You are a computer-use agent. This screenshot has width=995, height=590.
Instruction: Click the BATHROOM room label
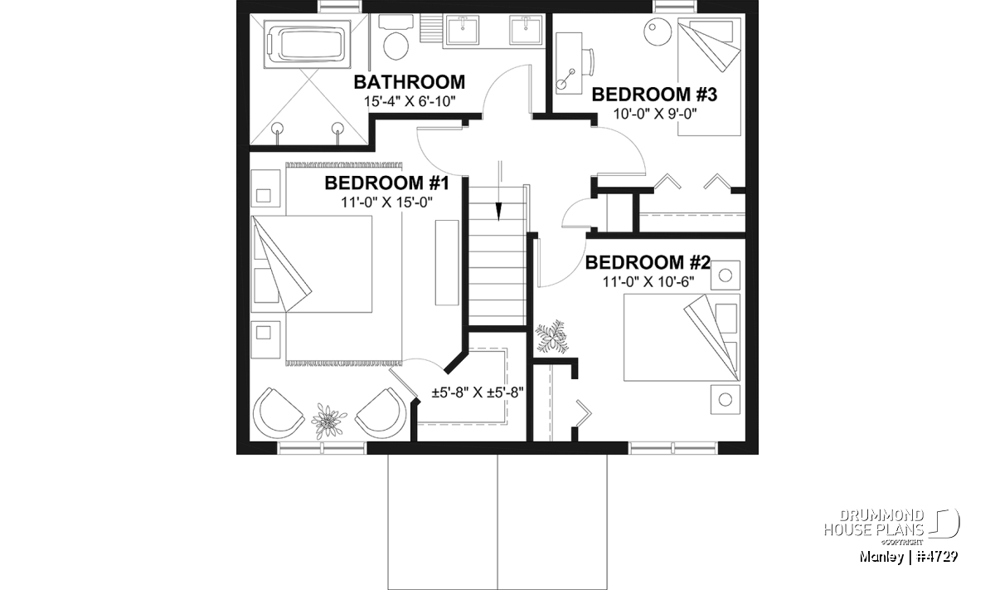409,82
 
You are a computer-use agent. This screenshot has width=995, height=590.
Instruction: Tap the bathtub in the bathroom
307,46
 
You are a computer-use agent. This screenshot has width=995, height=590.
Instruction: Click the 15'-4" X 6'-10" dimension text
410,102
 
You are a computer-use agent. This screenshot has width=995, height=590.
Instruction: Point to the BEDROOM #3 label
654,95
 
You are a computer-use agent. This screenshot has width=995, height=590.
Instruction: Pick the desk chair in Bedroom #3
589,62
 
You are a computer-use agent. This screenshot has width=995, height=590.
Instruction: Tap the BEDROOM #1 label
386,183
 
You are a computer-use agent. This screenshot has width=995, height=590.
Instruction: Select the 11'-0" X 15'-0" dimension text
386,202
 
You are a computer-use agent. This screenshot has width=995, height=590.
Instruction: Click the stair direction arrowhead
498,212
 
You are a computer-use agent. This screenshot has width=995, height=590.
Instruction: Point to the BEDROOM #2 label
648,262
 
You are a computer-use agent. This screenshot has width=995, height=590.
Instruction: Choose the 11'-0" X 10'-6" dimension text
648,281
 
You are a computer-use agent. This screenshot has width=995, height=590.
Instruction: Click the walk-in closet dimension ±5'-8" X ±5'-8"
478,393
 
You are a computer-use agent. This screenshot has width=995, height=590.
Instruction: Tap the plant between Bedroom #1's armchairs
328,420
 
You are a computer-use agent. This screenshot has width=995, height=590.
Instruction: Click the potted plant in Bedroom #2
551,337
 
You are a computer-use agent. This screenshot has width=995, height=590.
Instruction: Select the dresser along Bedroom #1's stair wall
447,262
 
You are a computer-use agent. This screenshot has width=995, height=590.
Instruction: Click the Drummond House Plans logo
891,527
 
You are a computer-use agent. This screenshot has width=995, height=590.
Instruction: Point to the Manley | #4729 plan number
909,557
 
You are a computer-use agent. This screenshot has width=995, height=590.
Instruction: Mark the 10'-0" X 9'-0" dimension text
655,115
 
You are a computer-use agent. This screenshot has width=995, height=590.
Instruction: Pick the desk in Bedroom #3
569,63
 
